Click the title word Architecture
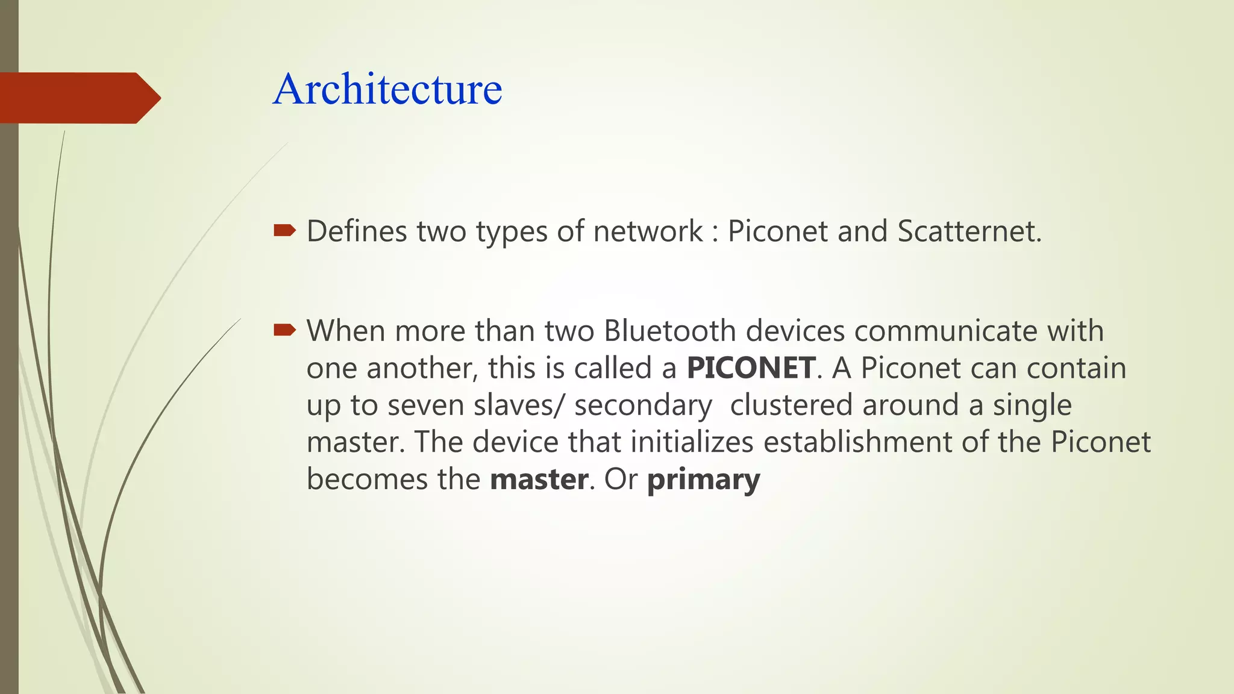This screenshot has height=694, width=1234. [x=387, y=89]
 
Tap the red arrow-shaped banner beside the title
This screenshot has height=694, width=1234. [x=78, y=98]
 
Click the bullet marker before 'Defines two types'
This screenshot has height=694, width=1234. [x=284, y=230]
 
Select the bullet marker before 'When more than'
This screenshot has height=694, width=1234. [x=284, y=330]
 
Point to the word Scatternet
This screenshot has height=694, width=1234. [x=969, y=231]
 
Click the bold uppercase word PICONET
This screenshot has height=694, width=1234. [x=751, y=368]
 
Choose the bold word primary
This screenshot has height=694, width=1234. [x=703, y=480]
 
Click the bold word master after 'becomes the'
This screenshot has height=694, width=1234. [x=539, y=480]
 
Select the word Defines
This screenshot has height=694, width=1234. [x=357, y=231]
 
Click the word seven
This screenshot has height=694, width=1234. [x=426, y=405]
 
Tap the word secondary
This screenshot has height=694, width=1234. [x=643, y=405]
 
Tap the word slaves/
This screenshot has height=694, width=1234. [x=517, y=405]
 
